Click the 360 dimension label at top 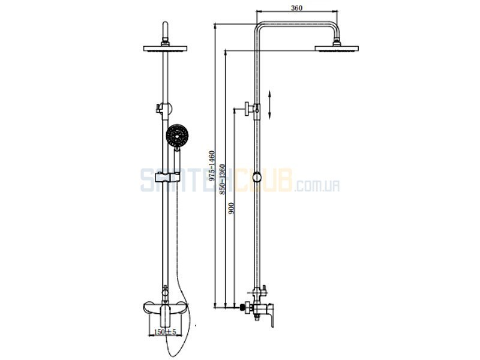point(296,8)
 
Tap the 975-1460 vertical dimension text point(212,166)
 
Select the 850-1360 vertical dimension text point(222,179)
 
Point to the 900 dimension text point(232,208)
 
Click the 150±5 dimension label point(166,332)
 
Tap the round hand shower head point(177,136)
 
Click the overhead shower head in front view point(166,49)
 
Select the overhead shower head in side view point(337,49)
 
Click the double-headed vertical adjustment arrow point(269,104)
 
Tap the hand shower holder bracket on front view point(167,177)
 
